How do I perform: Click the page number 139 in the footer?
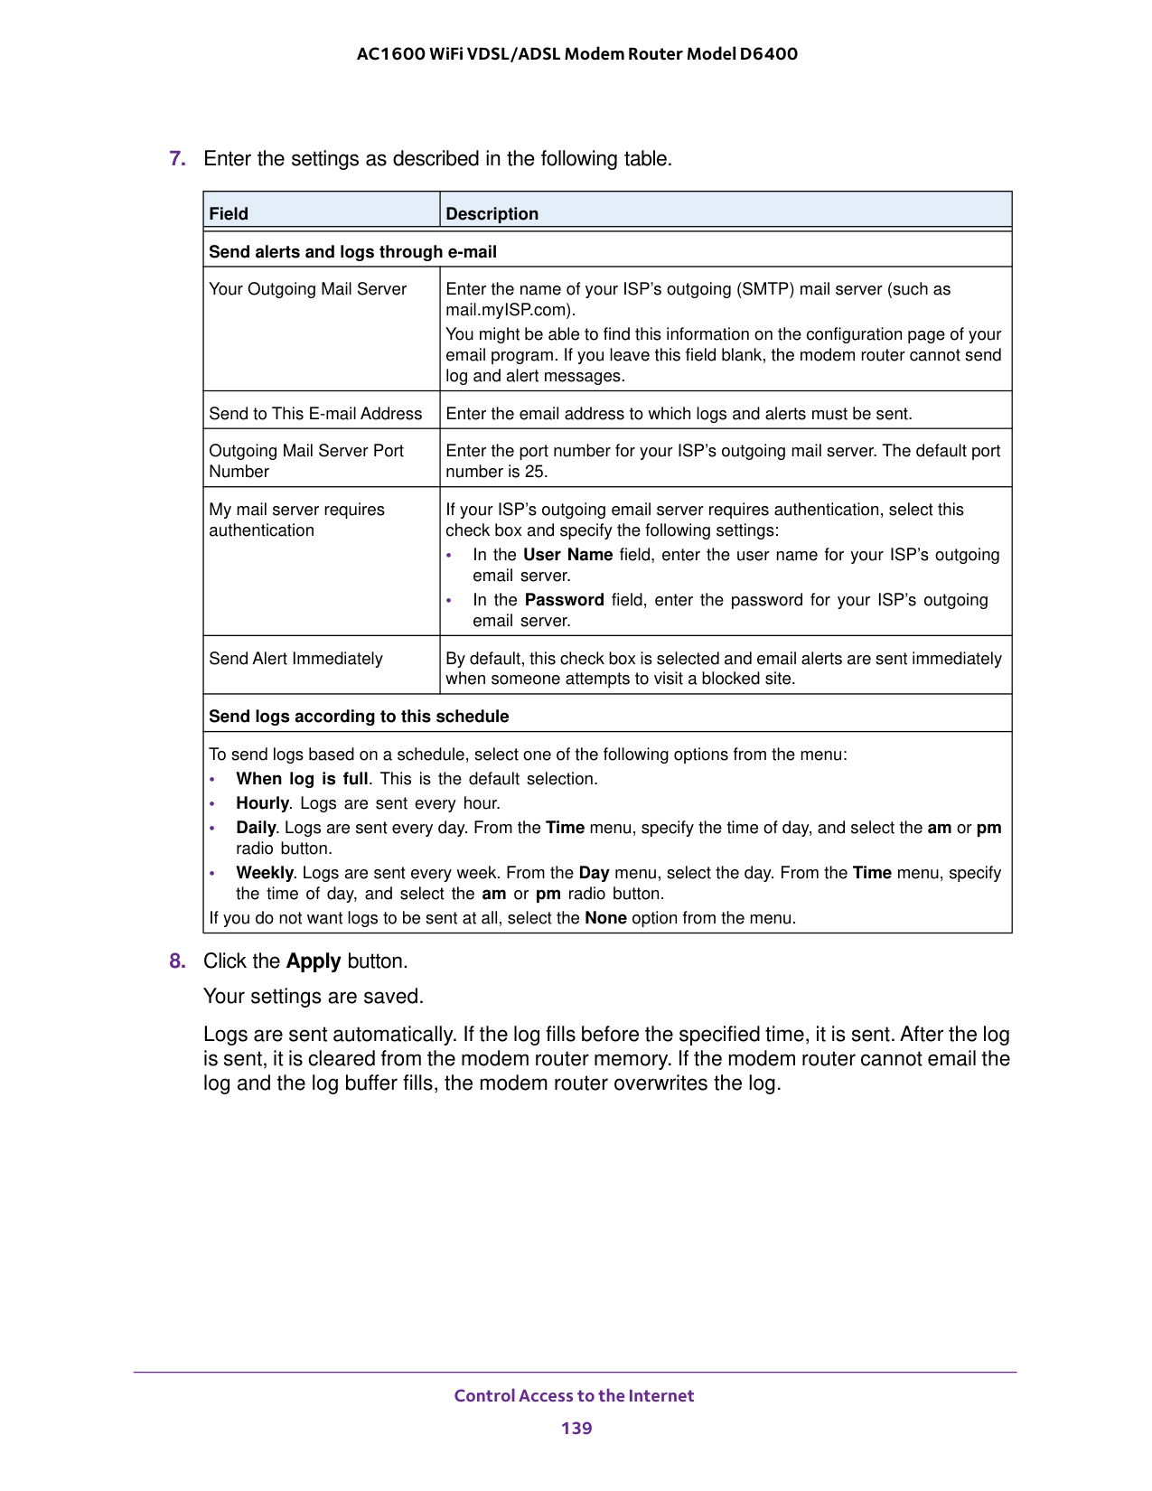(576, 1428)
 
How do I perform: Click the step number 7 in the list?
(177, 159)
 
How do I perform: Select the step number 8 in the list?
(177, 961)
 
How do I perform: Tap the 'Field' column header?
(229, 214)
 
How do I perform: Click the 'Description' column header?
(492, 214)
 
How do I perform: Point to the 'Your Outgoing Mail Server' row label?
(308, 289)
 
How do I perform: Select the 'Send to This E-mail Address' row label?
(315, 414)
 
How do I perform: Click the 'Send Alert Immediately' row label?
(295, 659)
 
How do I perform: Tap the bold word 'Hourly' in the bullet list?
(262, 803)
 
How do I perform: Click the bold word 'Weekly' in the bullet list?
(265, 873)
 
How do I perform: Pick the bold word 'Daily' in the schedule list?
(256, 828)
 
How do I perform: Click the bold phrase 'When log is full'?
(302, 779)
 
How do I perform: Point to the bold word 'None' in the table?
(605, 918)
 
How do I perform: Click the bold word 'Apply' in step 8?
(314, 961)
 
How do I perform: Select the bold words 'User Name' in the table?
(567, 555)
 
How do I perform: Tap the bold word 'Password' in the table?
(564, 600)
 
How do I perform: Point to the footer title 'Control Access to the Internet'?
(574, 1395)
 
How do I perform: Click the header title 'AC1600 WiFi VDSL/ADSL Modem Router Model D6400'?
(576, 53)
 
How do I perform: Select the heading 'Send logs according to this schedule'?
(359, 717)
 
